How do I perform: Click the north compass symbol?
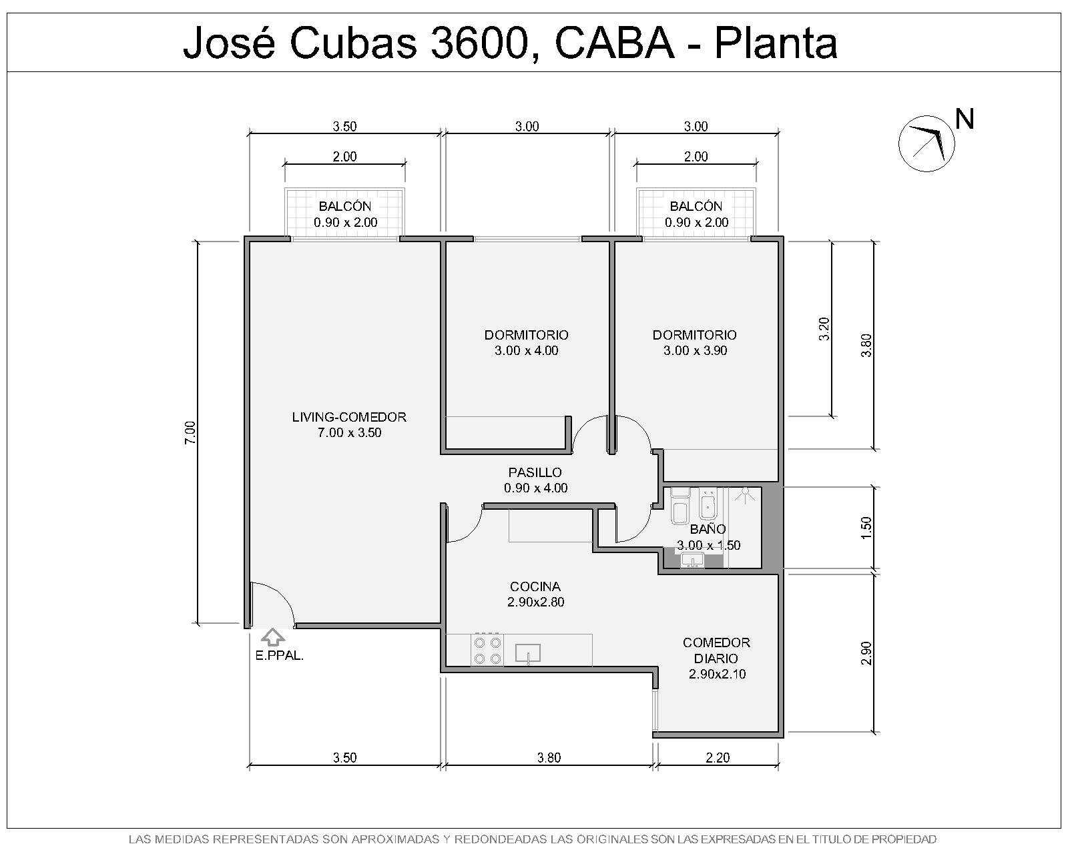tap(926, 144)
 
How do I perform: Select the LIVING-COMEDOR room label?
tap(349, 417)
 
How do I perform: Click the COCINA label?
tap(535, 586)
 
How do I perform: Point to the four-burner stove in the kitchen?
tap(487, 650)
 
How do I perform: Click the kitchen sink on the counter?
tap(527, 653)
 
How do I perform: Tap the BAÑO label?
tap(708, 528)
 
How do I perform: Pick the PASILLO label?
tap(535, 472)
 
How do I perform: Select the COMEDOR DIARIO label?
tap(716, 651)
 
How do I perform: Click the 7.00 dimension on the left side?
tap(191, 432)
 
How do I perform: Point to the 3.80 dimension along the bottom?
tap(549, 758)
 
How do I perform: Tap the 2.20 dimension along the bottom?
tap(718, 758)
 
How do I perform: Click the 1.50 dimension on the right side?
tap(866, 528)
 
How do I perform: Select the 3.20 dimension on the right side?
tap(824, 328)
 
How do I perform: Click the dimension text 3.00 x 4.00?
tap(527, 350)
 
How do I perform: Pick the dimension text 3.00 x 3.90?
tap(696, 350)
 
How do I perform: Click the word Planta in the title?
tap(776, 43)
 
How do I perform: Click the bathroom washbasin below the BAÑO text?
tap(692, 560)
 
